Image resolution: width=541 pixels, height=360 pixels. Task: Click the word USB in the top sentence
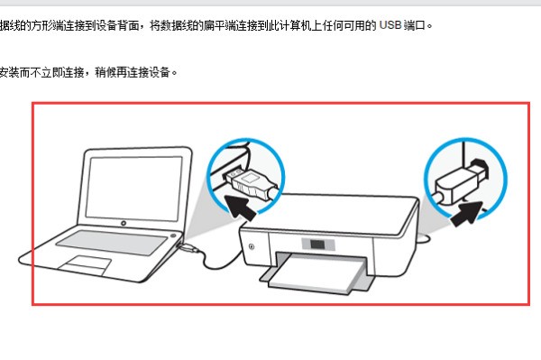point(390,25)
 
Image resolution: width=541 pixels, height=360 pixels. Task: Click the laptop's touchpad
point(85,264)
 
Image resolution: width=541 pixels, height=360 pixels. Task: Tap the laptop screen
point(133,188)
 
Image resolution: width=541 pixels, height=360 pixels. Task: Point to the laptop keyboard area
point(111,242)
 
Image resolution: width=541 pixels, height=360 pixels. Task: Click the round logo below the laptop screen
point(124,224)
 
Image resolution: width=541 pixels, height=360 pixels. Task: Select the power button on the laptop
point(173,235)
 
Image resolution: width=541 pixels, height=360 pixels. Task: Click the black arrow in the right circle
point(467,214)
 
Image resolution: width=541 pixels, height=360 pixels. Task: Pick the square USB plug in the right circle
point(461,182)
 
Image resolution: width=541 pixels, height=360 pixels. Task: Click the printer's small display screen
point(317,245)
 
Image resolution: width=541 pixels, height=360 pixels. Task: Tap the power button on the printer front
point(252,246)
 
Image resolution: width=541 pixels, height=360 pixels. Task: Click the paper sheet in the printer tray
point(316,272)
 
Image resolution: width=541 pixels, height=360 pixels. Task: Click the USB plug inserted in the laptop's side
point(188,247)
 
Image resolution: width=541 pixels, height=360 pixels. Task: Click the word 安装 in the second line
point(9,72)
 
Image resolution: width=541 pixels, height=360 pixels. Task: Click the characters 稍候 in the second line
point(105,72)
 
